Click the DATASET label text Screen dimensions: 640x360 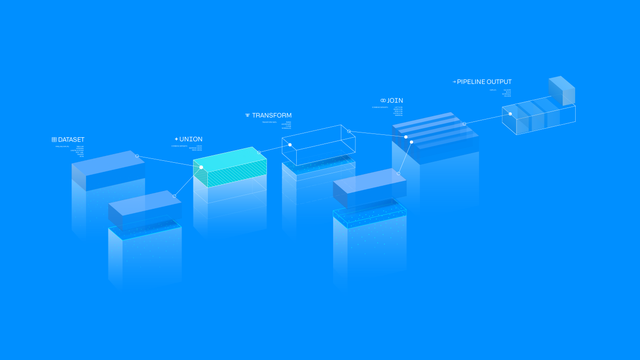coord(71,140)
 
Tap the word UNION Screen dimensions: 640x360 coord(191,139)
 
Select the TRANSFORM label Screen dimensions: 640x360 coord(272,116)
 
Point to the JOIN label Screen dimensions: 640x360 coord(395,101)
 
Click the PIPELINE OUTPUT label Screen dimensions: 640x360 coord(485,82)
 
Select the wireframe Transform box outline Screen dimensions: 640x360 coord(319,145)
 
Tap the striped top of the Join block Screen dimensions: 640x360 coord(432,128)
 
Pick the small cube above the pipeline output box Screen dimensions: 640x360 coord(562,90)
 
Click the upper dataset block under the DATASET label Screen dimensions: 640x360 coord(108,169)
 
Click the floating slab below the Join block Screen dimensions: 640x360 coord(370,186)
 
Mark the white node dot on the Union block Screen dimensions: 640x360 coord(201,167)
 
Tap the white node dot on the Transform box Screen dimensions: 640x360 coord(290,145)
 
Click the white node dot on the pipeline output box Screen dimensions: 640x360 coord(510,114)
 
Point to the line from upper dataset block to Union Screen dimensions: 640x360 coord(170,161)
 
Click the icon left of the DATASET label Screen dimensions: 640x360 coord(54,140)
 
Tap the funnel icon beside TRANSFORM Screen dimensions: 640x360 coord(247,116)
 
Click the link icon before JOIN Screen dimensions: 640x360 coord(383,101)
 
